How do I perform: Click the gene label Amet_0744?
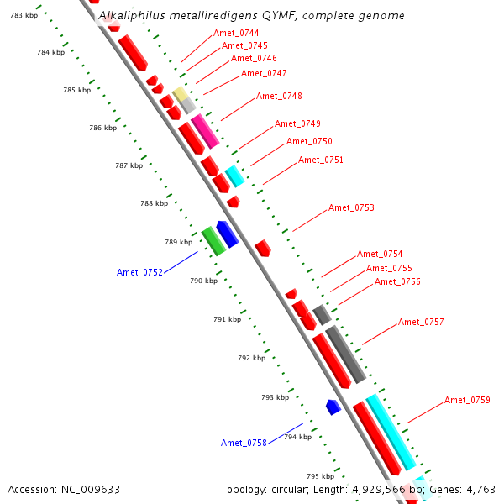236,33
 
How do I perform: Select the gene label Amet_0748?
279,96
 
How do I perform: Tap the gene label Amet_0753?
351,207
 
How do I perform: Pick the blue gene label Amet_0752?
139,271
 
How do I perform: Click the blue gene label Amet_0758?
244,443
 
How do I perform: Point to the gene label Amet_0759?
467,400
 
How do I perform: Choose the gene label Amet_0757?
421,322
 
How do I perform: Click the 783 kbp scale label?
24,16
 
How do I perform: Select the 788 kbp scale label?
154,203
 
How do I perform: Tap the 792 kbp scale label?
251,358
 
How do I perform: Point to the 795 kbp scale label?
320,476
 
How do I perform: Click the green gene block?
213,240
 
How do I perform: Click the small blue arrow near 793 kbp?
333,407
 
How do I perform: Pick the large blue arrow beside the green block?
227,234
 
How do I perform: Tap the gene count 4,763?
479,489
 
